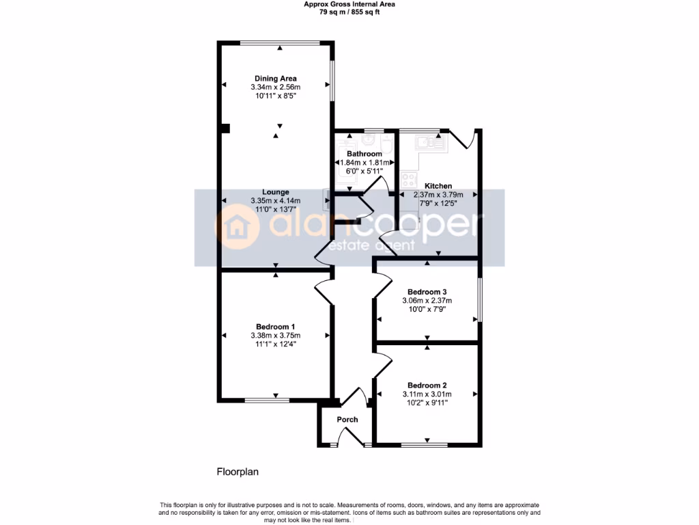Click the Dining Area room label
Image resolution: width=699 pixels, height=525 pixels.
276,79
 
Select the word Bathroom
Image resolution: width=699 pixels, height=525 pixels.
364,154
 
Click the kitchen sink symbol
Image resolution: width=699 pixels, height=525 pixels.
431,142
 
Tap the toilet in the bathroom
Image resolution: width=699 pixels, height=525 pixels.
386,142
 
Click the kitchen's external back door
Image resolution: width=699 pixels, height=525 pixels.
463,137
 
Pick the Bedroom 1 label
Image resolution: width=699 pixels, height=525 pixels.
276,326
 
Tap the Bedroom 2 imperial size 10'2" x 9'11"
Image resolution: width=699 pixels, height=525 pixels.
428,403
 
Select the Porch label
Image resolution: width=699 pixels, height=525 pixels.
347,420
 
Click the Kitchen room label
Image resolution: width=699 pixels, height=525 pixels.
438,186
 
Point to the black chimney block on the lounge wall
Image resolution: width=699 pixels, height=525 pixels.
225,128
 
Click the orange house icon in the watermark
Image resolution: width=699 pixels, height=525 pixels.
236,228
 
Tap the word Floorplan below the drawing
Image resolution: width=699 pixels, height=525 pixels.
238,472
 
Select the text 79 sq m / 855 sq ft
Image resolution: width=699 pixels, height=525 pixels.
349,11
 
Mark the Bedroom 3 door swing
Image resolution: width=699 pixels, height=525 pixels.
382,282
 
